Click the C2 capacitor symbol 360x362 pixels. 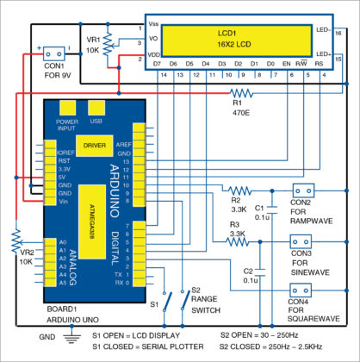pyautogui.click(x=270, y=271)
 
